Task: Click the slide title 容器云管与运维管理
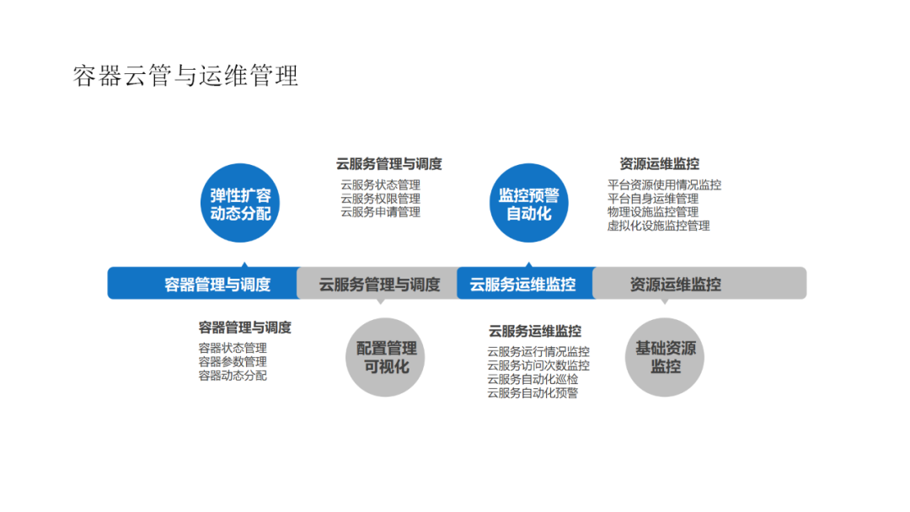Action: click(x=186, y=76)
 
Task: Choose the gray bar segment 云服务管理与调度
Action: click(x=378, y=284)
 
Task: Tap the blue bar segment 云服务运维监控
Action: click(x=524, y=284)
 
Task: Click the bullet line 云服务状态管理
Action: click(x=380, y=185)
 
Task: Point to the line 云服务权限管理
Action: click(x=380, y=199)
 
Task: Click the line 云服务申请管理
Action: click(x=380, y=212)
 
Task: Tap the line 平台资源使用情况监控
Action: click(x=664, y=185)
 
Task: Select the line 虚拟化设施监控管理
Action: click(x=658, y=226)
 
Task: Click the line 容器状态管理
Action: click(x=233, y=349)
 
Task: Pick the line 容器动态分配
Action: click(x=233, y=376)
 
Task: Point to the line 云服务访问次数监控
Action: click(x=538, y=365)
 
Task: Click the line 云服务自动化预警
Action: click(x=533, y=392)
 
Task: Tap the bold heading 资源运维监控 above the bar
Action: click(x=659, y=164)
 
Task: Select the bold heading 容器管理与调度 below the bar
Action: click(x=244, y=328)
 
